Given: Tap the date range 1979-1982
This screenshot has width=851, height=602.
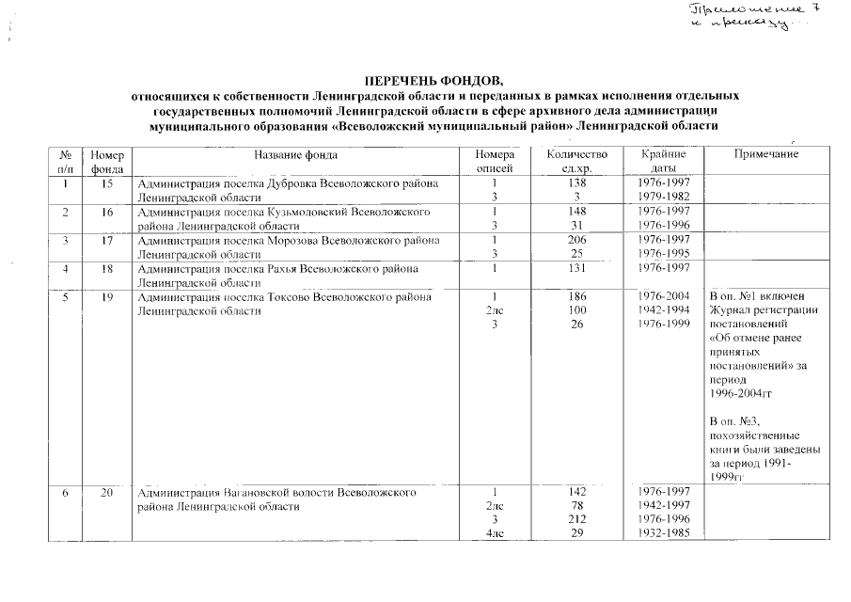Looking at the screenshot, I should [657, 198].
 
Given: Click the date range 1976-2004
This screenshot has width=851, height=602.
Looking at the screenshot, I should [657, 298].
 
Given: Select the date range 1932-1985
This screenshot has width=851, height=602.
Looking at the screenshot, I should [657, 534].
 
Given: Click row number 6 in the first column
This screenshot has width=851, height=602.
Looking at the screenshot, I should [67, 492].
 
